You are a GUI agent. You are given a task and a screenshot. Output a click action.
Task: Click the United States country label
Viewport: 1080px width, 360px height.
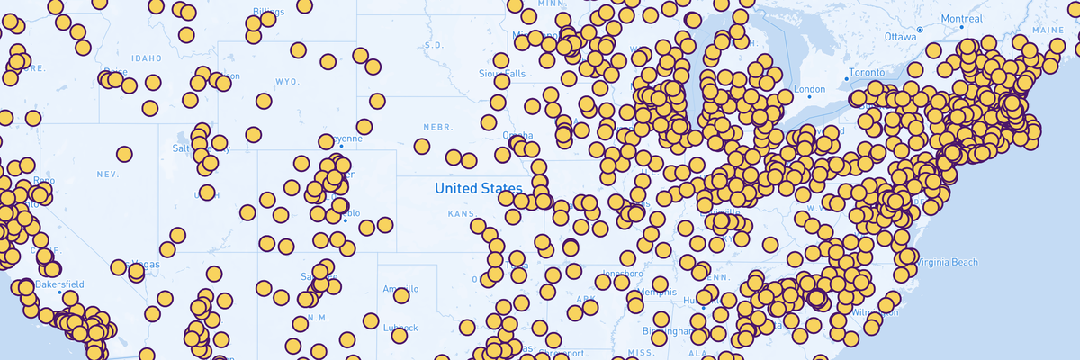click(x=478, y=188)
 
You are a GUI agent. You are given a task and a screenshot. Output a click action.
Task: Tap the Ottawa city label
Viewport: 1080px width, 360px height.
click(x=899, y=37)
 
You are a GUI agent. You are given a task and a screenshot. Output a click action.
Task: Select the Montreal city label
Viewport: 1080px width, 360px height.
click(x=961, y=19)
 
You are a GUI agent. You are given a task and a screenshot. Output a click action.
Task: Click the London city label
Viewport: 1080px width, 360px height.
click(x=810, y=89)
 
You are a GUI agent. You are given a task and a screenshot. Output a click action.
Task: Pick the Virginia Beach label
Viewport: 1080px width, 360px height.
click(x=945, y=263)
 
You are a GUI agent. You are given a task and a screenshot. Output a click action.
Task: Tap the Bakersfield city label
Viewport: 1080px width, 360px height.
click(x=61, y=284)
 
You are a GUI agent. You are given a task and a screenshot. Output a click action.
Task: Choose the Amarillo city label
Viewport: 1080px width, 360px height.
click(x=400, y=290)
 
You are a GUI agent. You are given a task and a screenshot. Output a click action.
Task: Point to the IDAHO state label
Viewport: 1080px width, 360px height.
click(x=146, y=58)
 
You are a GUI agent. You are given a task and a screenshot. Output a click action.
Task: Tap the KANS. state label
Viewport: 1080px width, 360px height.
click(x=461, y=214)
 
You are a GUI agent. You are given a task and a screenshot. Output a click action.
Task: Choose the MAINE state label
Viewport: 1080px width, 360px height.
click(x=1048, y=31)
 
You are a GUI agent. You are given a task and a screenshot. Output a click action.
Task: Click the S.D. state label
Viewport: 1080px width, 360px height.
click(x=434, y=45)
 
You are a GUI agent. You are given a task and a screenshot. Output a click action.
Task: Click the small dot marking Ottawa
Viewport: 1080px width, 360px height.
click(x=920, y=30)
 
